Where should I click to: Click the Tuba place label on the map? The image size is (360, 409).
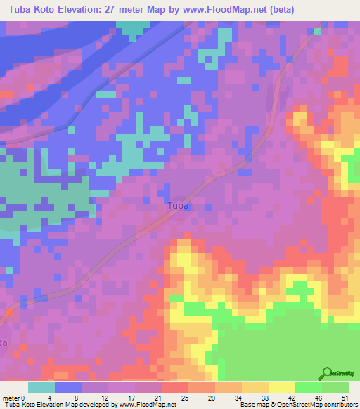pyautogui.click(x=179, y=206)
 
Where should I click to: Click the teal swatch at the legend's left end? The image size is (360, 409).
pyautogui.click(x=41, y=387)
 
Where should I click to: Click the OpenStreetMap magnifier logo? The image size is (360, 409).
pyautogui.click(x=326, y=374)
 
